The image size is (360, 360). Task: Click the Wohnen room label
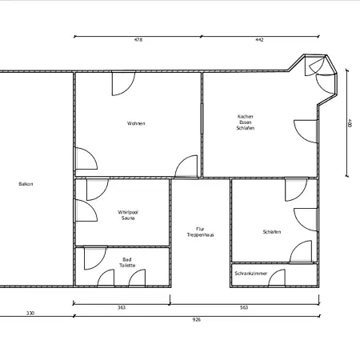pos(136,123)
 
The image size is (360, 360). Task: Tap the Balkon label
pos(26,184)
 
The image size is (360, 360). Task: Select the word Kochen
pos(246,117)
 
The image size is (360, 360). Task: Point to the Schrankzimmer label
pos(251,274)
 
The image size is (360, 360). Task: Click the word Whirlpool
pos(128,212)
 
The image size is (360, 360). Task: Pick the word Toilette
pos(127,266)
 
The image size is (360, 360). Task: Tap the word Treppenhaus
pos(201,235)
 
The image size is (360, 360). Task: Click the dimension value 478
pos(138,40)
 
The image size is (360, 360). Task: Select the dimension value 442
pos(259,40)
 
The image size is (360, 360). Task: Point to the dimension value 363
pos(122,307)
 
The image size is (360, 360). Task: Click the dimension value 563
pos(244,307)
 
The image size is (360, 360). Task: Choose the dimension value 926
pos(197,319)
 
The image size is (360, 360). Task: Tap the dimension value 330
pos(30,313)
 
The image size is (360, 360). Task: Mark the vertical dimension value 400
pos(350,123)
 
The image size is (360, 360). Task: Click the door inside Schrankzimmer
pos(277,278)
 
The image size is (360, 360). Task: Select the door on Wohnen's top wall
pos(123,84)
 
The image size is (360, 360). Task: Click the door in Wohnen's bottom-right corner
pos(186,166)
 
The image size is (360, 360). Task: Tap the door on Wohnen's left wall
pos(86,158)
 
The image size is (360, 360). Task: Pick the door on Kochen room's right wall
pos(306,131)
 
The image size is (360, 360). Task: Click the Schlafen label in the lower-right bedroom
pos(272,232)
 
